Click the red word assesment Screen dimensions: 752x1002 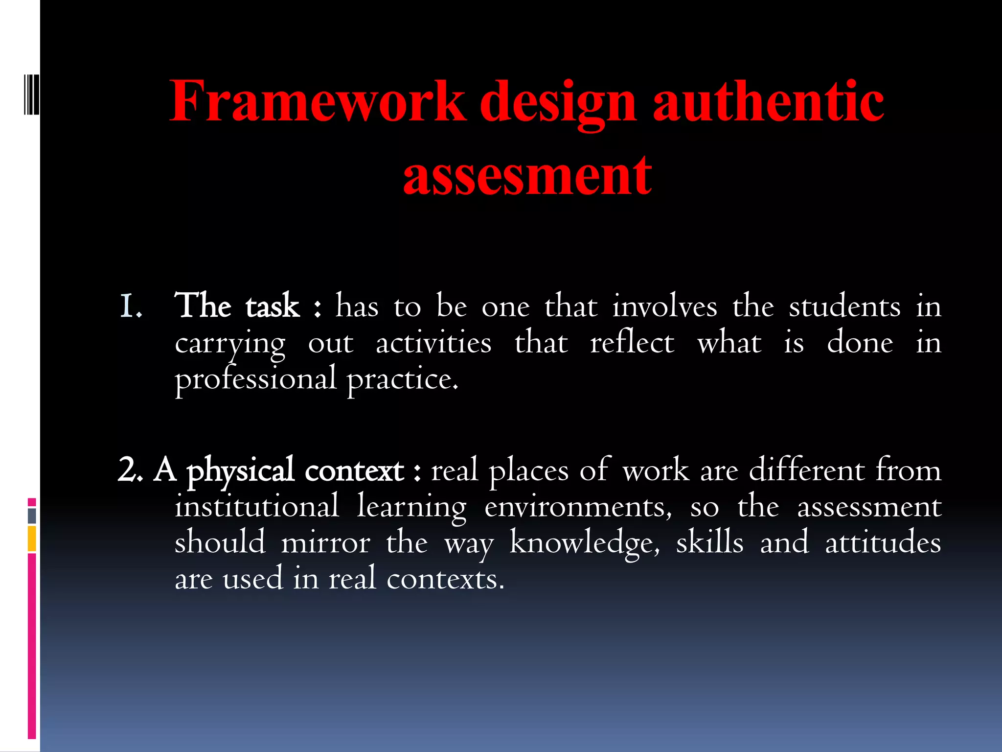tap(527, 175)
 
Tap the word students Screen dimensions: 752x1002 tap(844, 306)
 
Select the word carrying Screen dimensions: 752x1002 tap(230, 344)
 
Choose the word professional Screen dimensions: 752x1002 tap(256, 379)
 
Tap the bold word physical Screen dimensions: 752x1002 tap(240, 471)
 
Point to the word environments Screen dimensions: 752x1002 tap(578, 507)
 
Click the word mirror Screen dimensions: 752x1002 tap(325, 542)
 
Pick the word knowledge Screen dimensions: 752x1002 tap(585, 543)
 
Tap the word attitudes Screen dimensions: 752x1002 tap(883, 542)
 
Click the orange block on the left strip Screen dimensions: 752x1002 tap(32, 539)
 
